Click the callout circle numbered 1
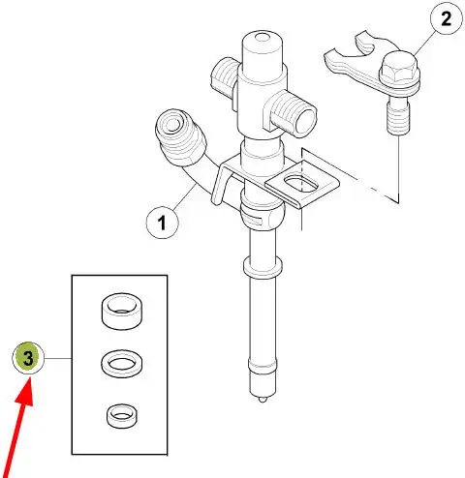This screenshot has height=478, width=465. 162,223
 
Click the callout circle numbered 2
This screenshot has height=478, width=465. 447,18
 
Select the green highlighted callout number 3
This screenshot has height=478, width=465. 28,358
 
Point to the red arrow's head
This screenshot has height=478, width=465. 25,391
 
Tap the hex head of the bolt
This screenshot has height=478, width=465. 399,69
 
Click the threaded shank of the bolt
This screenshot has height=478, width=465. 398,117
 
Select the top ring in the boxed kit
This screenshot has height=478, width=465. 122,311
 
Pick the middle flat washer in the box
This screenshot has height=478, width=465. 122,364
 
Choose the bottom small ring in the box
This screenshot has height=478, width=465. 121,416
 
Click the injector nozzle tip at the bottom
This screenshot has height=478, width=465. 263,400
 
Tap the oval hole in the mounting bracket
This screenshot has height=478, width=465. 301,184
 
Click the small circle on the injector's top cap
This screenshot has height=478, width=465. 263,37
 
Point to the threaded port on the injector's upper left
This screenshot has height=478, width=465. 225,76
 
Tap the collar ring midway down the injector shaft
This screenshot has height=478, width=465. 263,267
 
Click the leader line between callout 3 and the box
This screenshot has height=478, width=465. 58,358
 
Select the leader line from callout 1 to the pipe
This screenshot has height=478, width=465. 185,196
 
